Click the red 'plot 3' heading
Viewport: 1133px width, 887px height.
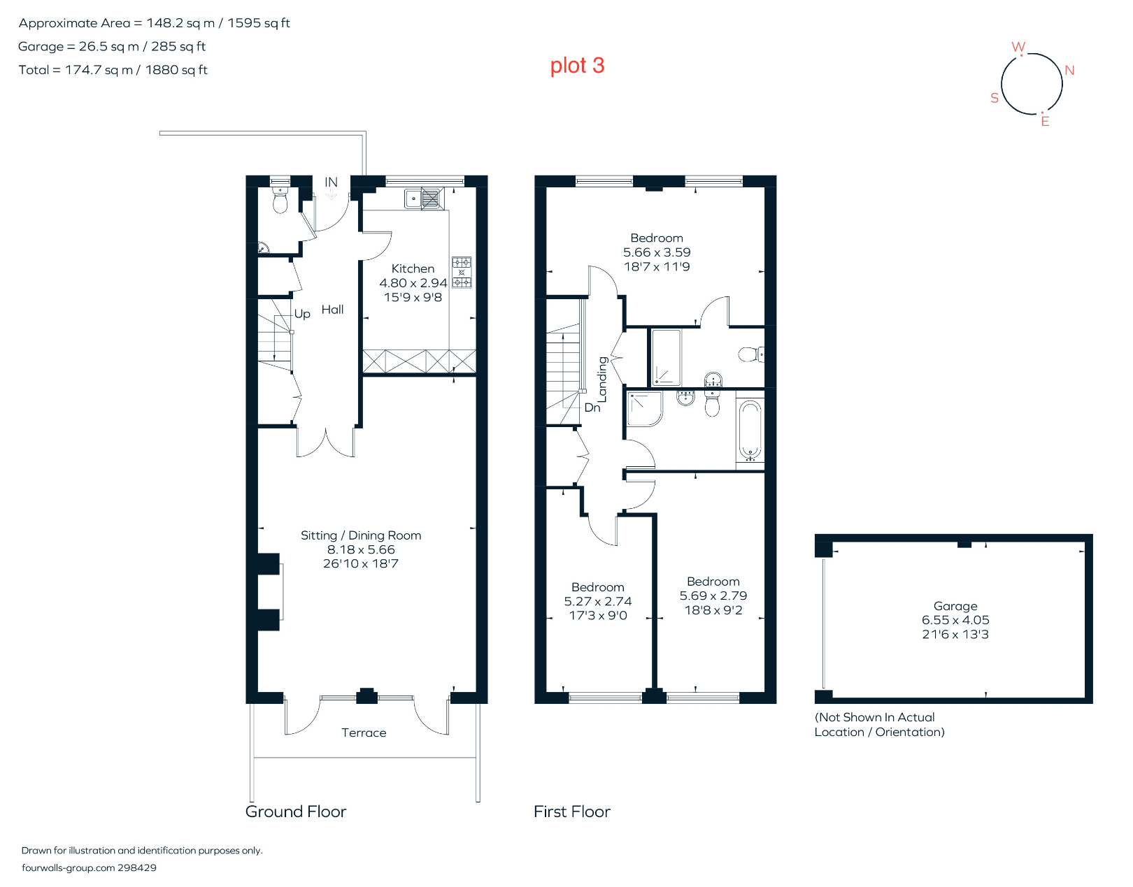click(x=577, y=66)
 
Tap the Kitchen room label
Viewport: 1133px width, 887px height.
click(x=413, y=268)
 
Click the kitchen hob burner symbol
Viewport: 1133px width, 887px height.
click(x=462, y=273)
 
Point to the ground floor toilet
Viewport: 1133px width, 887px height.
click(x=280, y=202)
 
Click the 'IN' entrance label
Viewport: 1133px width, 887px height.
click(x=331, y=182)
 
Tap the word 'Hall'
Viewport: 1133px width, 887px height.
click(x=332, y=310)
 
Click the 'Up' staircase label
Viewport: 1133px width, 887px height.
click(x=302, y=314)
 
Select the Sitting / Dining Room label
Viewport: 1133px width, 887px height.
click(x=361, y=535)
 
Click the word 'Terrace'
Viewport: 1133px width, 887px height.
click(x=364, y=733)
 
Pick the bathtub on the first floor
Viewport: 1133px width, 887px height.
click(x=750, y=430)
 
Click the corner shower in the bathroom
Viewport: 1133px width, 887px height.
click(x=643, y=409)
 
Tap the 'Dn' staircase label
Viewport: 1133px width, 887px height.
click(x=592, y=408)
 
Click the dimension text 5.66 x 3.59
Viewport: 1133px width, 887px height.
click(x=657, y=252)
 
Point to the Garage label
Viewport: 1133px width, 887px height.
click(x=955, y=606)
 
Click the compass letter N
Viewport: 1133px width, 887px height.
click(x=1069, y=71)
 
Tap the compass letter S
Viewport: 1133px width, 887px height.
click(x=995, y=99)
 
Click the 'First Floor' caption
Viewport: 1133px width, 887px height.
click(x=571, y=812)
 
